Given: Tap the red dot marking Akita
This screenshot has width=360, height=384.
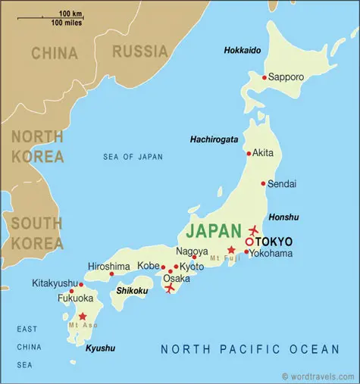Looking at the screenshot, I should [249, 152].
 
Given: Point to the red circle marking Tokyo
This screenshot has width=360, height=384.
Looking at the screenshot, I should [249, 242].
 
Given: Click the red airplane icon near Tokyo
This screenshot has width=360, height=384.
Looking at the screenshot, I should [253, 229].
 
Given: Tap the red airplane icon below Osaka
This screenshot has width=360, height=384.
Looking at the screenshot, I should [170, 288].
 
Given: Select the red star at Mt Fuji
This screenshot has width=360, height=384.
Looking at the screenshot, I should [231, 250].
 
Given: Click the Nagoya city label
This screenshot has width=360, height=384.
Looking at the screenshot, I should [192, 251].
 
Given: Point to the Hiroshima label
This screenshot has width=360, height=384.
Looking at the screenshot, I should [109, 266].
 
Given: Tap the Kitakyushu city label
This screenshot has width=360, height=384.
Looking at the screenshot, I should [55, 283].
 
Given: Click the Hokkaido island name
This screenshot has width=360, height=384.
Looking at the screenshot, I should [243, 50].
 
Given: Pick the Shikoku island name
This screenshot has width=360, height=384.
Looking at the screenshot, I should [132, 290].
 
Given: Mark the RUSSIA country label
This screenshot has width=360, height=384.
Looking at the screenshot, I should [139, 52].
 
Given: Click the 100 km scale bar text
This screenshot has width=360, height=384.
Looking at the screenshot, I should [70, 14].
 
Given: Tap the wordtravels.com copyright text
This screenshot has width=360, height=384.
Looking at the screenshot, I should [318, 376].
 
